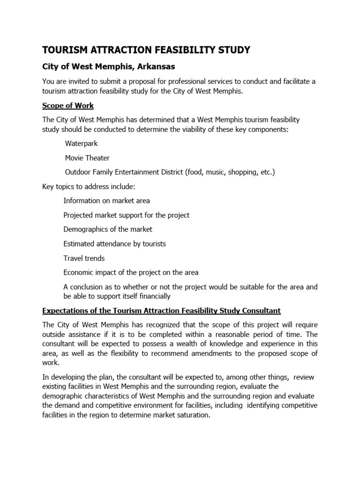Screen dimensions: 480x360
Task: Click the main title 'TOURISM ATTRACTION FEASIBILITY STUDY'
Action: pos(146,50)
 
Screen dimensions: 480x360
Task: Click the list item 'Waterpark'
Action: pos(81,144)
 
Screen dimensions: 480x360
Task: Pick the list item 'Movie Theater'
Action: pos(87,158)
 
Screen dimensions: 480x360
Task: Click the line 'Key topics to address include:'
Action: pos(89,187)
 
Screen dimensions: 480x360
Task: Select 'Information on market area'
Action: pos(106,201)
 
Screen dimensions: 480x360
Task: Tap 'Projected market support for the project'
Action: pos(126,215)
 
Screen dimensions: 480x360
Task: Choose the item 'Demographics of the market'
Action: pos(108,229)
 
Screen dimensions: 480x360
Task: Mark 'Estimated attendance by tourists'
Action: pos(114,244)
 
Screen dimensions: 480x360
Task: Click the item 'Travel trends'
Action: pos(84,258)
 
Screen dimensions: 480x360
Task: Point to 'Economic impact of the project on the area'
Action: pos(131,272)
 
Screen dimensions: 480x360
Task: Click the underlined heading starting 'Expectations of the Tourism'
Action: pos(161,310)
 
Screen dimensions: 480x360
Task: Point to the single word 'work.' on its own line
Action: pos(51,363)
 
